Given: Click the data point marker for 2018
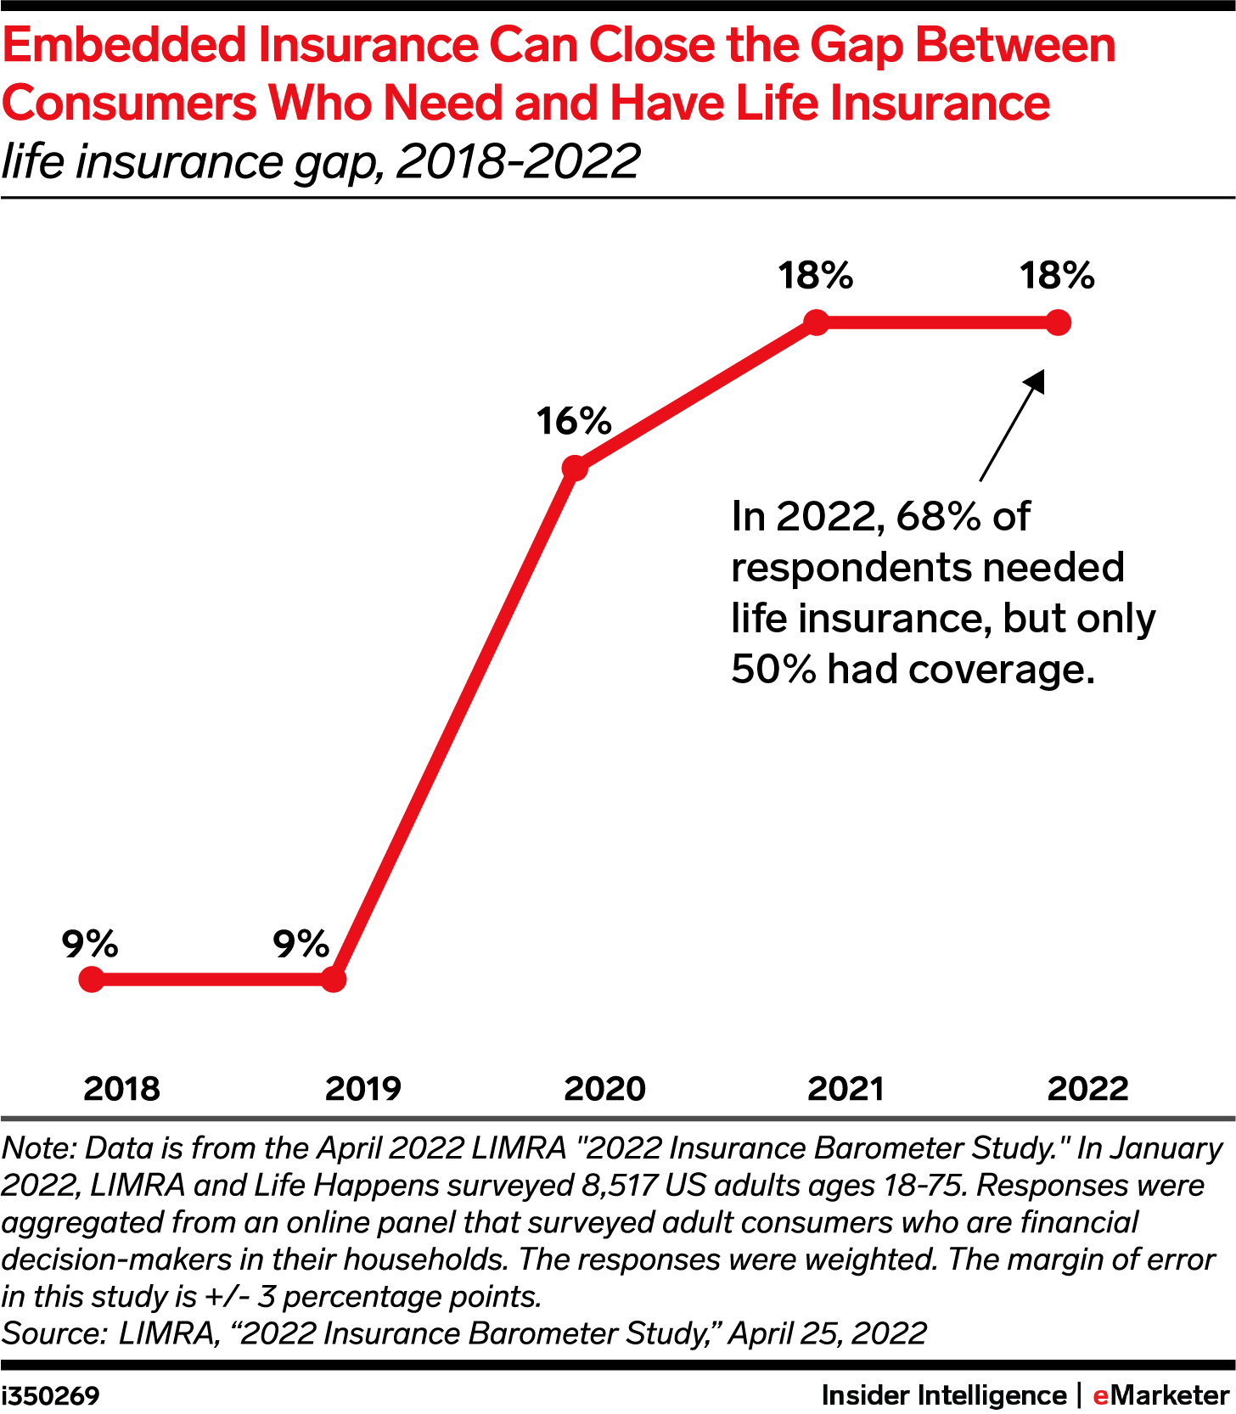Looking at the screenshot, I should [x=91, y=979].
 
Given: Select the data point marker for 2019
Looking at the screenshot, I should [x=334, y=979].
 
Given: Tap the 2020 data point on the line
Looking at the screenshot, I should [x=575, y=468].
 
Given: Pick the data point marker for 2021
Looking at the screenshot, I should [x=816, y=323].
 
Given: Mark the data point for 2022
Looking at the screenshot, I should [x=1058, y=323].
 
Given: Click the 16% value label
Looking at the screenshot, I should [x=574, y=421].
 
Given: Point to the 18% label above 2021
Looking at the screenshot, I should [x=816, y=276].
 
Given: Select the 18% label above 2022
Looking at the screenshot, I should [x=1058, y=276].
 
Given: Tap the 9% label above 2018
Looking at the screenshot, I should [x=90, y=944].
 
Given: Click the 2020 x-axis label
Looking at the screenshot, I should [x=605, y=1088].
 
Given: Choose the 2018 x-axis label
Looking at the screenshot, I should [x=121, y=1088].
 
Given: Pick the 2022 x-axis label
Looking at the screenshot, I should [x=1088, y=1088].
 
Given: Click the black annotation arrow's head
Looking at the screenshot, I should [x=1037, y=379].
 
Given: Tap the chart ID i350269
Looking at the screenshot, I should [x=50, y=1395].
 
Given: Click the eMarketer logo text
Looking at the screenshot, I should [x=1160, y=1395].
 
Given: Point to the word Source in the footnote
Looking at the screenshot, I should [x=52, y=1333].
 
